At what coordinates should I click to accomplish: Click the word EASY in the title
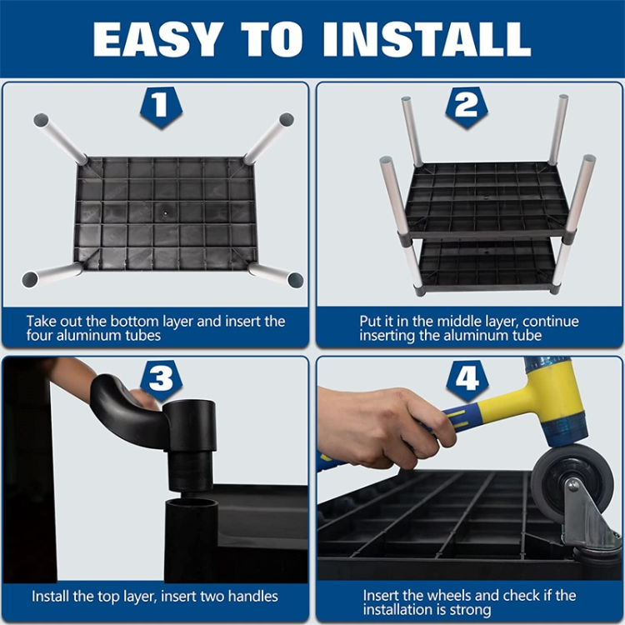coord(157,39)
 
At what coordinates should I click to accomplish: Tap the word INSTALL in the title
coord(427,39)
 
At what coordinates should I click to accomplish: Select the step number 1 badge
coord(161,107)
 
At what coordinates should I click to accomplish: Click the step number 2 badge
coord(467,107)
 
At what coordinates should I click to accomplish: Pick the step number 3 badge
coord(161,380)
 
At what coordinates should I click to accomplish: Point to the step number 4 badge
coord(467,380)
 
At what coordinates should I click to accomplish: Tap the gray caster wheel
coord(571,483)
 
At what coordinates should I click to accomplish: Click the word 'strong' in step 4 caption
coord(470,610)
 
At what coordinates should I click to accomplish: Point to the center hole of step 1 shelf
coord(165,212)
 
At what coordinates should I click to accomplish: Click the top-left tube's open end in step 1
coord(41,120)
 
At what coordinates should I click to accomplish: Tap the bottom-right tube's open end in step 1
coord(295,280)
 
